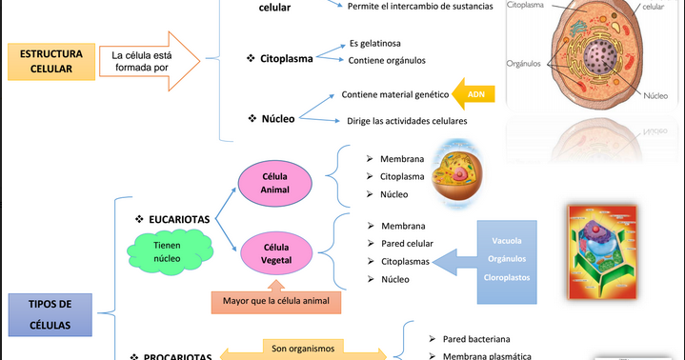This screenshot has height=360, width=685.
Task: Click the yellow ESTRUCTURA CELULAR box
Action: (51, 62)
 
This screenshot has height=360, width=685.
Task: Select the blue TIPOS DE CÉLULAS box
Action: (51, 313)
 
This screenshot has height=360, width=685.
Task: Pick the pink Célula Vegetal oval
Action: (276, 254)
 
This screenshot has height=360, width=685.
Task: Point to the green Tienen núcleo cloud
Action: (168, 251)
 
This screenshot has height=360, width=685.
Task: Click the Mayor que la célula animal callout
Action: (275, 302)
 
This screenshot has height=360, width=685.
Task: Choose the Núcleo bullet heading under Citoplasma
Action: (278, 119)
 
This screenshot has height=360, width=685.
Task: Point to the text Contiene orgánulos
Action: (387, 60)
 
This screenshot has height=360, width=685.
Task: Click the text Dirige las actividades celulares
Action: (407, 121)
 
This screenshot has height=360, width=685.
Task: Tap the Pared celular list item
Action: (409, 243)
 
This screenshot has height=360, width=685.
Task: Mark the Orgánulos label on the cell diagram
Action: (524, 64)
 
